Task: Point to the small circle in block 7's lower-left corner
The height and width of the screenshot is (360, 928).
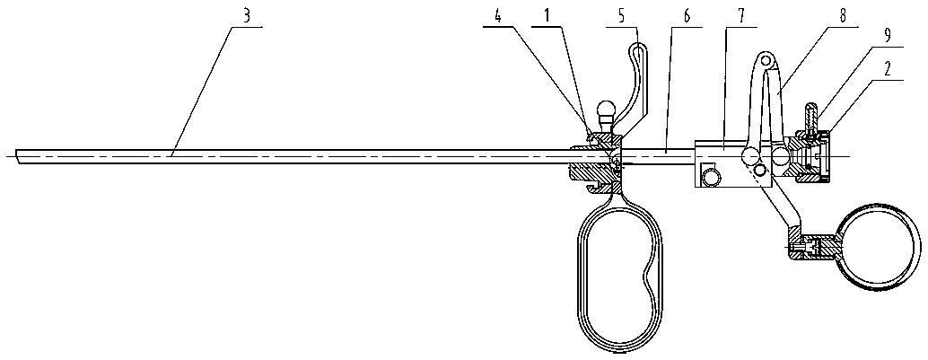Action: [711, 177]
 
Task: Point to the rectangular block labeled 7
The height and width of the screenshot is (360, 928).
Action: [722, 162]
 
